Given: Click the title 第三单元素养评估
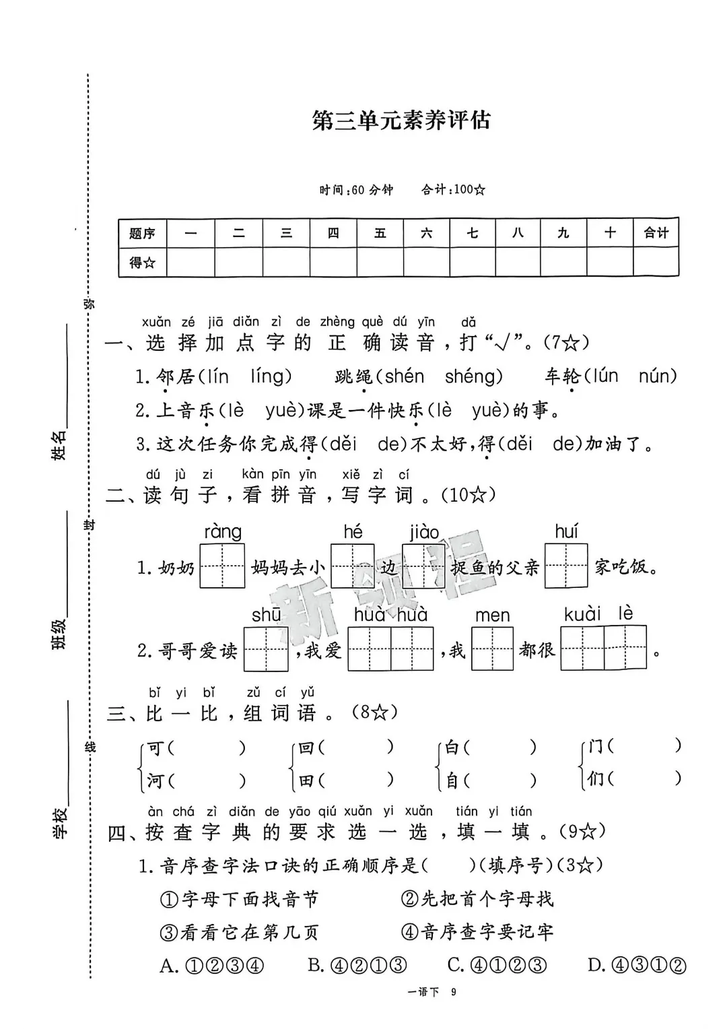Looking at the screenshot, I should pos(401,121).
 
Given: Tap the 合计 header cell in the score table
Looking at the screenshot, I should pos(656,233).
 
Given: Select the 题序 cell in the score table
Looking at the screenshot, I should pos(142,234).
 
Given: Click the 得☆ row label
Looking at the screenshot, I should pos(142,263).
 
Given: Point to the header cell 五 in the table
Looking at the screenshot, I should pos(380,233).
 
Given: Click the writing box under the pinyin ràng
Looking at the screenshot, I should pos(222,566).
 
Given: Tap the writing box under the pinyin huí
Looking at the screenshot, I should pos(566,566).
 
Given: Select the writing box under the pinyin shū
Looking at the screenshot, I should pos(266,649).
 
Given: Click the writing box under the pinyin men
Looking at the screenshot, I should pos(492,649).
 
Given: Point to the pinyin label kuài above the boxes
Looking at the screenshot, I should pos(582,614).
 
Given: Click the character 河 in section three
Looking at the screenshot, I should pos(155,781).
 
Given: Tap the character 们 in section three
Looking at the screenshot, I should pos(595,779).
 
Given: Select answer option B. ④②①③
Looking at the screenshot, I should pos(357,966).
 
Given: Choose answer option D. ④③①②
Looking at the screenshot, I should pos(637,966).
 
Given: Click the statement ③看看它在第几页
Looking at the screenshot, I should pos(239,932).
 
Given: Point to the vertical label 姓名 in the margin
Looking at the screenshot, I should pos(59,444).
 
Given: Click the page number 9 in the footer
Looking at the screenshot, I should pos(454,992).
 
